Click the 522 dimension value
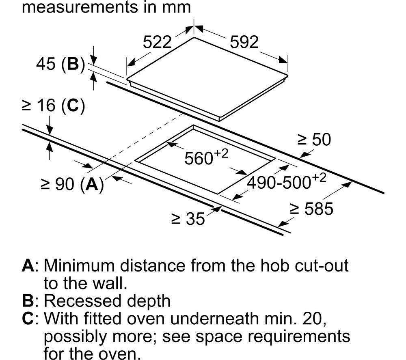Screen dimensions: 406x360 (x=157, y=42)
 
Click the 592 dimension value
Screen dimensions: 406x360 (x=244, y=42)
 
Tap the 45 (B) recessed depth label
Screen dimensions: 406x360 (x=60, y=64)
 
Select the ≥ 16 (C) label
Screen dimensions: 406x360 (x=54, y=106)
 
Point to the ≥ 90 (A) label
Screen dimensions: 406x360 (x=72, y=184)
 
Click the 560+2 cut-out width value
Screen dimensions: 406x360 (x=206, y=157)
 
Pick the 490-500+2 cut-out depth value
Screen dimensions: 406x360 (x=286, y=181)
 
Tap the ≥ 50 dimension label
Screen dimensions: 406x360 (x=314, y=139)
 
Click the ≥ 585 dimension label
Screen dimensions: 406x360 (x=311, y=209)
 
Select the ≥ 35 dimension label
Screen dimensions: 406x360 (x=188, y=219)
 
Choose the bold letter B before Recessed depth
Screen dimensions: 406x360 (x=28, y=301)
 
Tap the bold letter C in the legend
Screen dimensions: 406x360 (x=28, y=318)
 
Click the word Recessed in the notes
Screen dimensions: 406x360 (x=83, y=301)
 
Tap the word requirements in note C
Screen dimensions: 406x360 (x=299, y=336)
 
